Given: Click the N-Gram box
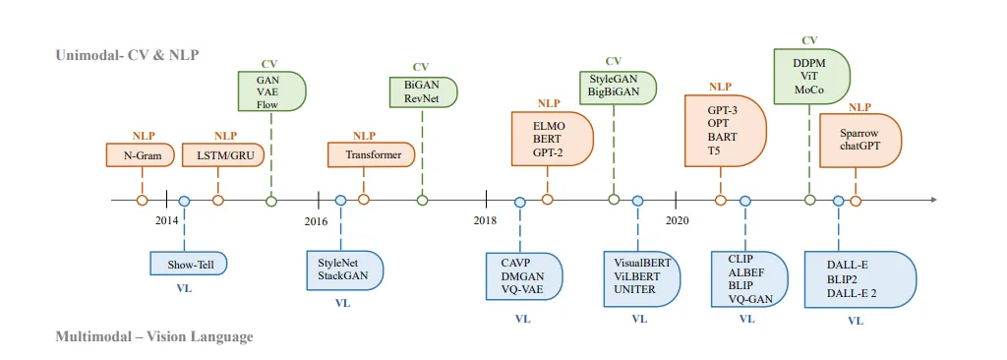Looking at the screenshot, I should [141, 155].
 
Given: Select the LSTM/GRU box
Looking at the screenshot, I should [225, 155].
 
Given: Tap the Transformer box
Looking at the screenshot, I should [371, 155].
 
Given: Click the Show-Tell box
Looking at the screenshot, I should [189, 263].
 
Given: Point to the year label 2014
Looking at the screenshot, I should [166, 220].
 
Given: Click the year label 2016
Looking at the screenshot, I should [316, 220].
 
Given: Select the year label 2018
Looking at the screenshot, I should [485, 220].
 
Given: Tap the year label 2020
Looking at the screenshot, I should [677, 220].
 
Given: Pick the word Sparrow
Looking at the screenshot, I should [859, 134].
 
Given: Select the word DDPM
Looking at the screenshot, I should [809, 62].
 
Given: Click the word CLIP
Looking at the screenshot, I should [740, 258].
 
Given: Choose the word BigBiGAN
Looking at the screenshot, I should [614, 91].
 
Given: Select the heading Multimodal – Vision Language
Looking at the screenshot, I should [153, 336].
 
